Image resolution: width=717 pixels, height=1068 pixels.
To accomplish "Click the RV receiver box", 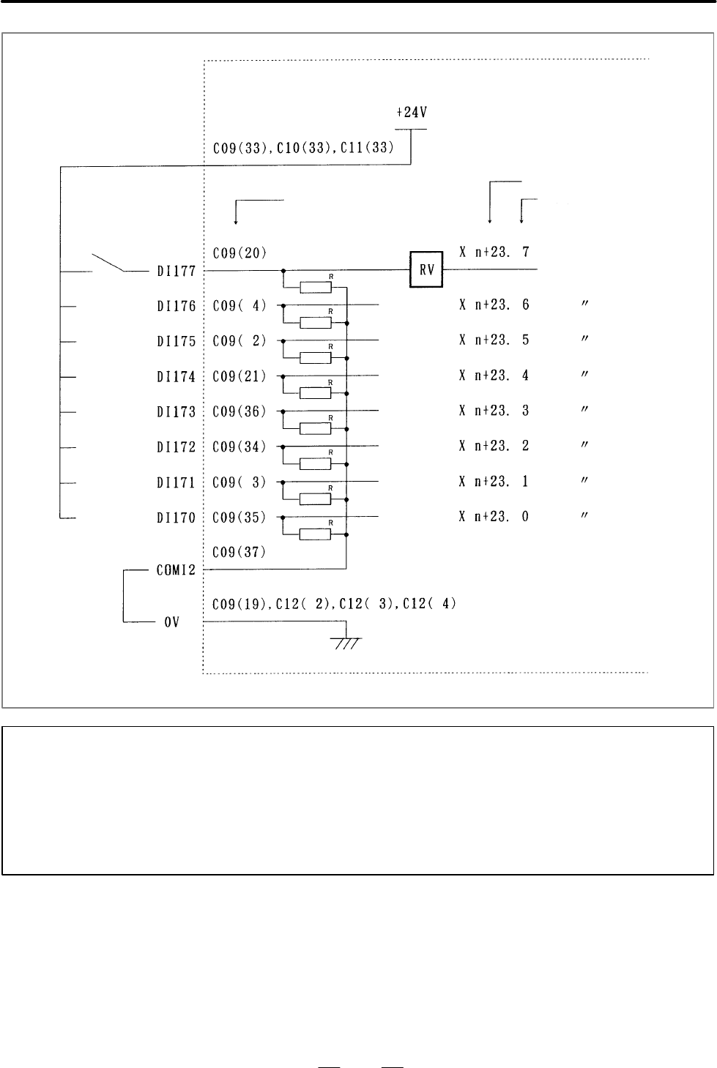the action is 426,269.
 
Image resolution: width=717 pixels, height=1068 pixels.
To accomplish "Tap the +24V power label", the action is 412,113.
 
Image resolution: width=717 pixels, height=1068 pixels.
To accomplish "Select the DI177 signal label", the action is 176,272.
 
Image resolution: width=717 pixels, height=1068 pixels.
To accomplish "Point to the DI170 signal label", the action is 176,518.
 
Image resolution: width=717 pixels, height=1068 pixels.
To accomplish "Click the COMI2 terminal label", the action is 176,570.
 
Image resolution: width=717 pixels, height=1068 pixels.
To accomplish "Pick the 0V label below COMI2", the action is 171,622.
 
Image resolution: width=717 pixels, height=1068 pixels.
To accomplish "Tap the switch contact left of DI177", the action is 108,263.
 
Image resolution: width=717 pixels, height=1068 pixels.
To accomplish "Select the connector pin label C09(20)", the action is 239,253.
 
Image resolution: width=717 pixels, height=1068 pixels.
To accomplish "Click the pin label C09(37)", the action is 239,552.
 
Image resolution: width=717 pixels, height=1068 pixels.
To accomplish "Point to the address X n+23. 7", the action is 494,252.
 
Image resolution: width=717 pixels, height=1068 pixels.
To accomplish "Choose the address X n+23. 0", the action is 494,516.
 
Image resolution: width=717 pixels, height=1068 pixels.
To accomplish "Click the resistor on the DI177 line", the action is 316,287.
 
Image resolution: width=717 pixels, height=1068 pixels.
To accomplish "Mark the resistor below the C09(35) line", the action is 315,534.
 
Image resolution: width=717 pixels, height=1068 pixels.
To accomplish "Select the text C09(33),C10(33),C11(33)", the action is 303,148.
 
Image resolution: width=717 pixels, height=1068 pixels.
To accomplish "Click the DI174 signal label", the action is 176,377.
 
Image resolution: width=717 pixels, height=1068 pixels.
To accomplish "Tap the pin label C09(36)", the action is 239,411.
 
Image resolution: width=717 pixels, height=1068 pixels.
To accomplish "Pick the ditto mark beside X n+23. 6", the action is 584,303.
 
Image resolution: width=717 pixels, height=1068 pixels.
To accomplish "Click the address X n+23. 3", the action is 494,411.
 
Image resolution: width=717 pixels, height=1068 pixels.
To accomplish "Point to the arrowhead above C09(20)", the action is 235,221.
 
